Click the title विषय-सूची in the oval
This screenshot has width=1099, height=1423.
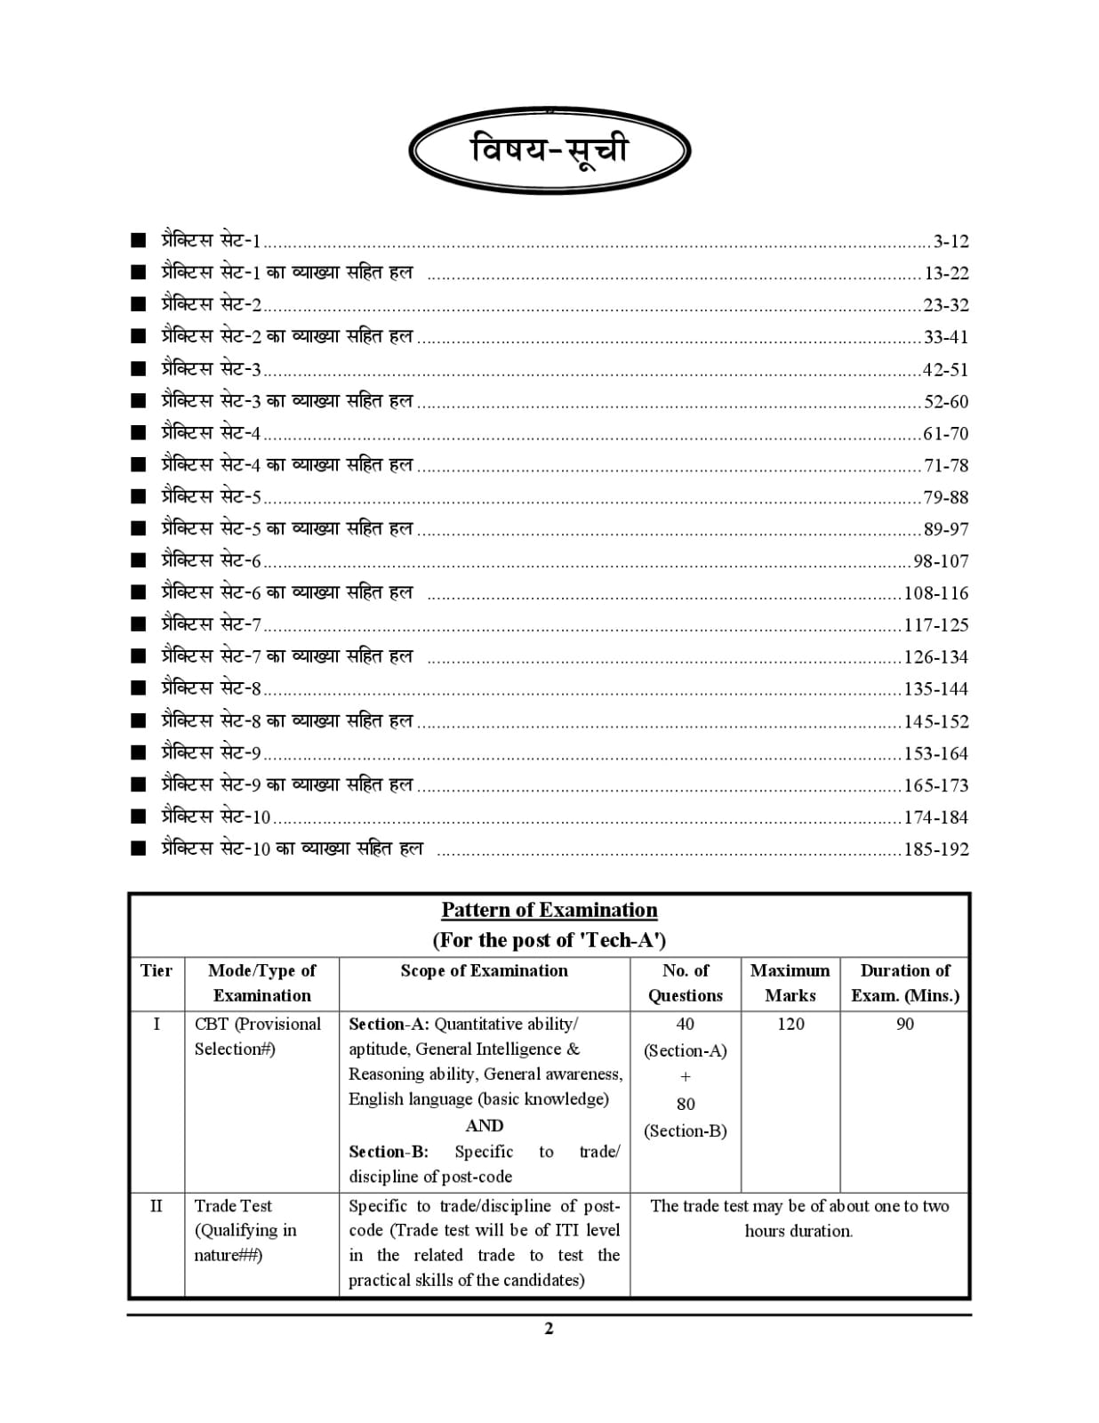coord(549,149)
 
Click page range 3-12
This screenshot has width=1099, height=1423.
coord(951,241)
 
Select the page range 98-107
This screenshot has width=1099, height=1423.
coord(941,561)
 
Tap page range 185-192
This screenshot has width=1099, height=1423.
coord(936,849)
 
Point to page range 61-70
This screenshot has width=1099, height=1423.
coord(945,433)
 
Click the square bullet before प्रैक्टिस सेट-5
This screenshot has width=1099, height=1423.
coord(138,496)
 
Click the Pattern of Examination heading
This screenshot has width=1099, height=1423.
coord(549,910)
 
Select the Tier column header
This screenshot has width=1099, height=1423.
coord(156,970)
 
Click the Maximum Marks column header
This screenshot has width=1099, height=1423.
coord(790,983)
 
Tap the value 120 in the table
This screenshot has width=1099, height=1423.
coord(790,1024)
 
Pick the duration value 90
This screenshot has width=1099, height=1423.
coord(904,1024)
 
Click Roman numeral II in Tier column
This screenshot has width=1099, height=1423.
coord(156,1206)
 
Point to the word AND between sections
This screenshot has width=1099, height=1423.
coord(484,1126)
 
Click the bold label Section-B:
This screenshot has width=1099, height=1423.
coord(389,1152)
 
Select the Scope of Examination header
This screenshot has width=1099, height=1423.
coord(484,970)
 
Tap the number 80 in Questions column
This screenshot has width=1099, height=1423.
coord(686,1104)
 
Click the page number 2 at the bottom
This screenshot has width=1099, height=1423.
coord(549,1328)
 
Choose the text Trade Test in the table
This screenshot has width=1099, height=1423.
coord(233,1206)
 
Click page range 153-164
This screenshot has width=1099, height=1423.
coord(936,753)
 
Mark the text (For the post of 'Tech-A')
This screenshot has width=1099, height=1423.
coord(549,940)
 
